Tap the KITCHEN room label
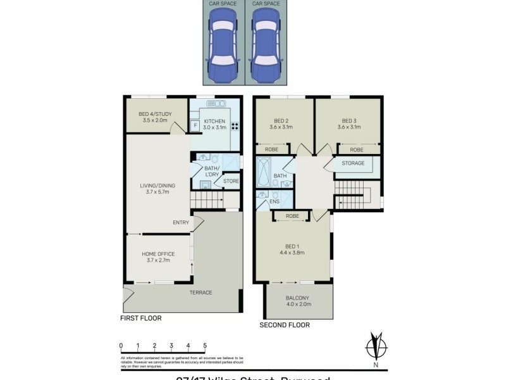tap(219, 122)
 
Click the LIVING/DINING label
tap(157, 186)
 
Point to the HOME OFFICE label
tap(157, 254)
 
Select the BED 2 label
tap(281, 121)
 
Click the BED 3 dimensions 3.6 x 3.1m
tap(351, 127)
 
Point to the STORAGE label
tap(353, 163)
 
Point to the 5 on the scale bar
tap(205, 346)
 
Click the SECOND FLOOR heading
tap(285, 326)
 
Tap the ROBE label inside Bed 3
tap(357, 149)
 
